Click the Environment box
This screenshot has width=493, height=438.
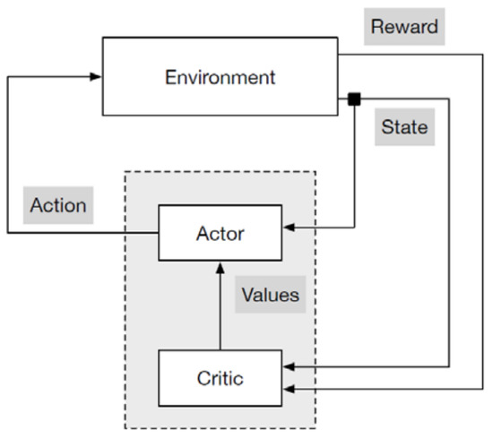220,77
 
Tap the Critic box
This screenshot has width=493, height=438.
220,378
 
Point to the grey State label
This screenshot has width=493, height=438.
404,127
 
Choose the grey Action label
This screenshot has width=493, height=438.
58,204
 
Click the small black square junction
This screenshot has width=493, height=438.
355,98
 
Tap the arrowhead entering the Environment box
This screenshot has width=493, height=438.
96,77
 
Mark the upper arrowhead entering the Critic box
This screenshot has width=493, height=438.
288,367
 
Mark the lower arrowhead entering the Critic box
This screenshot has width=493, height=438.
288,388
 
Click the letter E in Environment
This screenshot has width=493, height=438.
169,77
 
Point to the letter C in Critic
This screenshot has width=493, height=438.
202,378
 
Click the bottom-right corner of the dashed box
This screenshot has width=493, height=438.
316,427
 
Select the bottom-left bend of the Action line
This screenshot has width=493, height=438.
8,234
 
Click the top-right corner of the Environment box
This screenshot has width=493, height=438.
337,39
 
